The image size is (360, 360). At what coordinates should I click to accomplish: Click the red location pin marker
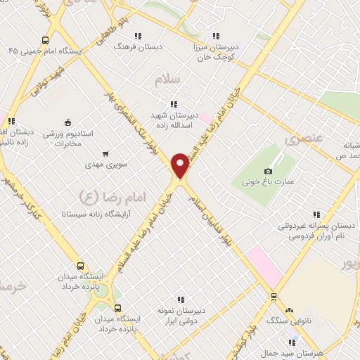[180, 165]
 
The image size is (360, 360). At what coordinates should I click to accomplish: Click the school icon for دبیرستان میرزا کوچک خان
[216, 34]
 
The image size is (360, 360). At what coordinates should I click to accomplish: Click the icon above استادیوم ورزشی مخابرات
[67, 121]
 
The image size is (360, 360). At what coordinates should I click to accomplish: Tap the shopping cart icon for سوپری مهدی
[105, 153]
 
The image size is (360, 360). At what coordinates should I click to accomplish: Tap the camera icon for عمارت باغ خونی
[268, 171]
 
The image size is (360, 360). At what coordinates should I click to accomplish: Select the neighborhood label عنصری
[302, 139]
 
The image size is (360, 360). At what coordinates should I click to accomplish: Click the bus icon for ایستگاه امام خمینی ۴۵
[46, 40]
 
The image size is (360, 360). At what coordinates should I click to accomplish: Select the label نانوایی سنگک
[290, 320]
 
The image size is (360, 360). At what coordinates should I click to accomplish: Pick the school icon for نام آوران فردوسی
[316, 214]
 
